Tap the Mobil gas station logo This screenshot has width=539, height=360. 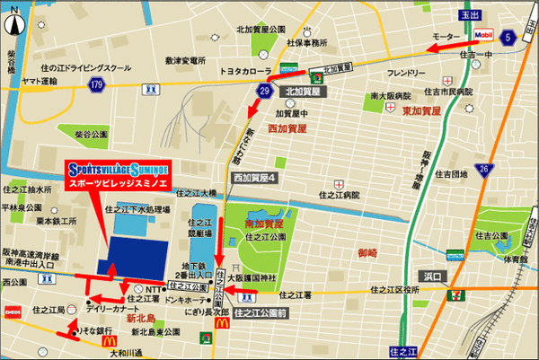tap(484, 35)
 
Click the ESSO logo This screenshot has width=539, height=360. tap(13, 312)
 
